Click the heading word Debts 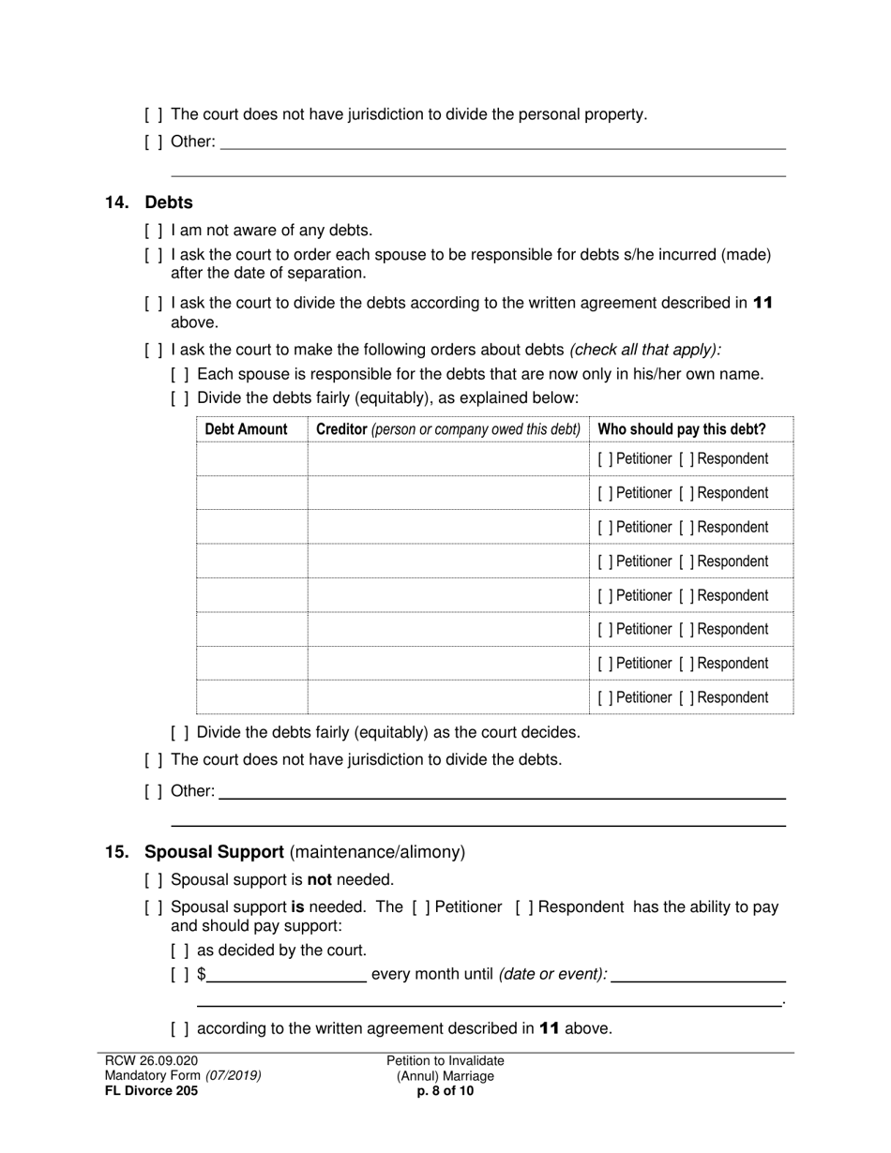(x=169, y=202)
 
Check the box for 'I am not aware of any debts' (x=154, y=231)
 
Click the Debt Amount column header (x=246, y=429)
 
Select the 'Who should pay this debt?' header (x=682, y=429)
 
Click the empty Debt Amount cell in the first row (x=251, y=459)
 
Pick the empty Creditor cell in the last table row (x=447, y=697)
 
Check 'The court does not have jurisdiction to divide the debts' (x=154, y=759)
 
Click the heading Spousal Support (x=214, y=852)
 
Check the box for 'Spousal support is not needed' (x=154, y=880)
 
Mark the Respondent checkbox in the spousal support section (x=522, y=907)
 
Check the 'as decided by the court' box (x=180, y=951)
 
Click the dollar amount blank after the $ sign (x=286, y=974)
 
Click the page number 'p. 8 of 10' (x=445, y=1091)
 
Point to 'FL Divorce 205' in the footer (x=151, y=1091)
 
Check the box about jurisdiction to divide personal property (x=154, y=114)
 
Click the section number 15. (x=116, y=852)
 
